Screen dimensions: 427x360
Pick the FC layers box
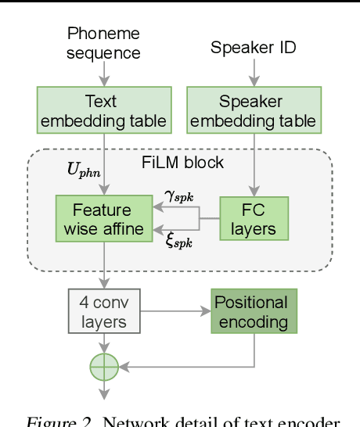(x=254, y=218)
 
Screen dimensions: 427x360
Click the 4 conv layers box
(x=103, y=311)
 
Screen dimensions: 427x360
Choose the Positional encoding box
(x=251, y=311)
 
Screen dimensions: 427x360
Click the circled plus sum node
(x=104, y=366)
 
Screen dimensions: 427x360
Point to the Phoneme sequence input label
(x=103, y=43)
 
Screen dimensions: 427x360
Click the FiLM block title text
(x=182, y=163)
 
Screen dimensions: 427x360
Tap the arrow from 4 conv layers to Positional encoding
(x=176, y=311)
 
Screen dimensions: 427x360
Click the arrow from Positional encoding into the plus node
(x=188, y=366)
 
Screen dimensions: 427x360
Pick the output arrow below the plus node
(x=104, y=391)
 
